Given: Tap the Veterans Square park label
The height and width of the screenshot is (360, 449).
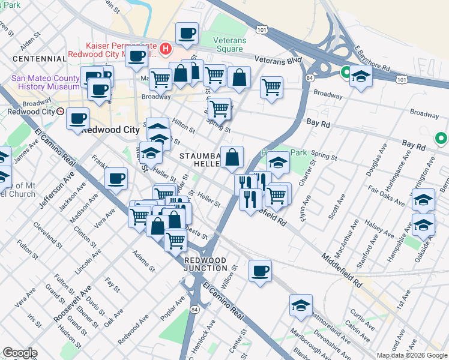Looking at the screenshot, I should coord(231,44).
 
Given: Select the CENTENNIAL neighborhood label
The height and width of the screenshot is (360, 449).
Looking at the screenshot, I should coord(38,59).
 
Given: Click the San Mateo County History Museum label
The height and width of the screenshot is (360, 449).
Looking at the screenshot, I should coord(45,82).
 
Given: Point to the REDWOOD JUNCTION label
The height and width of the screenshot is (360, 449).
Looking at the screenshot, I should coord(206,264).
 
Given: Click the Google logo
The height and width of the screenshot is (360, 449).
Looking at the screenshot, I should coord(20,353).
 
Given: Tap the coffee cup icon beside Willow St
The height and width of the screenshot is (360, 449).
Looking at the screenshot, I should coord(260,271).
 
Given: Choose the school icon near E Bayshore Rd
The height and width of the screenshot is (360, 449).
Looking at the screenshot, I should coord(361,76).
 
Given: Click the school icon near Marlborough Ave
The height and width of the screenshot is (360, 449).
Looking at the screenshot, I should coord(301,305).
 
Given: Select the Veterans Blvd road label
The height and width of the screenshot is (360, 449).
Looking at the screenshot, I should coord(277,61).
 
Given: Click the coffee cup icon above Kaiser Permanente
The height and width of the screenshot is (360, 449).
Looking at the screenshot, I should coord(186,34).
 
